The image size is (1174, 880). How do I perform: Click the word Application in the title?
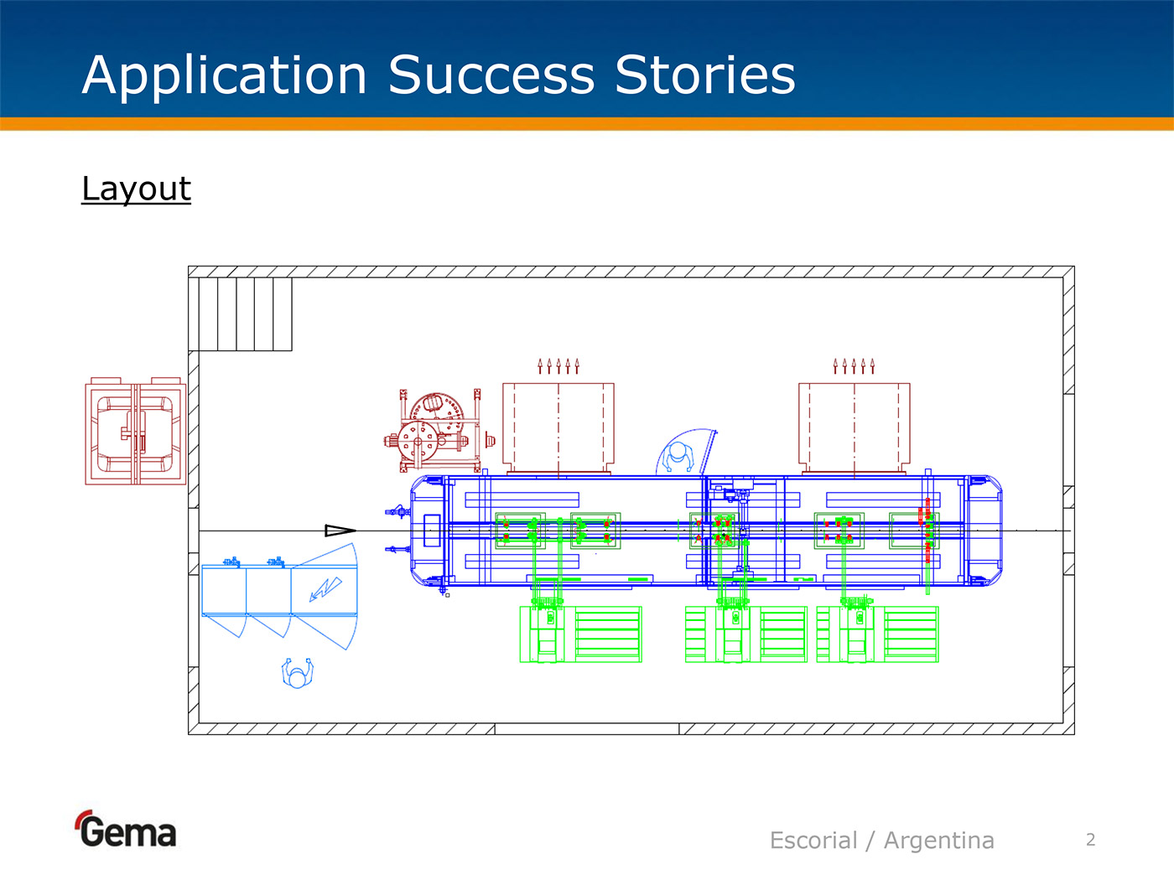coord(225,75)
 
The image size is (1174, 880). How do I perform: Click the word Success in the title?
coord(491,75)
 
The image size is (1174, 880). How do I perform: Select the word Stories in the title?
coord(704,75)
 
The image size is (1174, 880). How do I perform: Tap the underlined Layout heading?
coord(136,189)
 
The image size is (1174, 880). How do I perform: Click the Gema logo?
coord(127,830)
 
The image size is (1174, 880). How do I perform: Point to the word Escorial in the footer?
coord(813,840)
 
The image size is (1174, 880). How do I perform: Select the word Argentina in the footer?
coord(938,840)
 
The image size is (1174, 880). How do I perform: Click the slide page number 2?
coord(1090,840)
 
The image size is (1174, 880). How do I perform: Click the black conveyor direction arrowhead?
coord(340,530)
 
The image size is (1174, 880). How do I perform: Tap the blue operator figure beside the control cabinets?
coord(297,673)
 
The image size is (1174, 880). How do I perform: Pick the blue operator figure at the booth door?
coord(678,455)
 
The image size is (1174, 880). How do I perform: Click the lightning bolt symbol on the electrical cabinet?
coord(325,589)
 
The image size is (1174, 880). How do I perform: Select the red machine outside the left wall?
coord(135,431)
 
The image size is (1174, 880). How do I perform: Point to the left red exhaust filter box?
coord(558,427)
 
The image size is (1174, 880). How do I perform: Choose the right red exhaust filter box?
coord(854,427)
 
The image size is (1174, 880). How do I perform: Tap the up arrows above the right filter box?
coord(854,365)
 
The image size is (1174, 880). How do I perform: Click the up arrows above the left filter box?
coord(558,365)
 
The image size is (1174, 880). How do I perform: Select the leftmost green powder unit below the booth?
coord(580,634)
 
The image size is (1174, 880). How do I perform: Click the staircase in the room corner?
coord(245,314)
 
